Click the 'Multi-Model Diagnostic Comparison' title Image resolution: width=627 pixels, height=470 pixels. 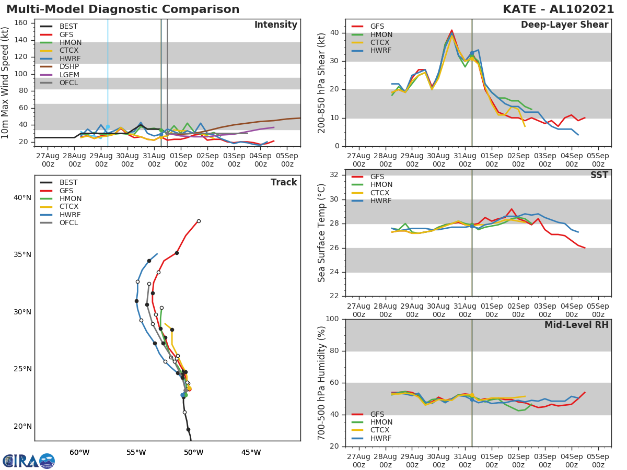[x=123, y=9]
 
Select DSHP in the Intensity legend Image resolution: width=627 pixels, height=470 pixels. [x=69, y=66]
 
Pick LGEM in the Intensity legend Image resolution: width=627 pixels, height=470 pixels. [x=69, y=75]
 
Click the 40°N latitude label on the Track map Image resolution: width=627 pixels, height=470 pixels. [x=22, y=197]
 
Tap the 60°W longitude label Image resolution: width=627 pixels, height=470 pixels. [x=79, y=452]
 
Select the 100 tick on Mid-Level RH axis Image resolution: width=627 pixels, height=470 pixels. [x=332, y=319]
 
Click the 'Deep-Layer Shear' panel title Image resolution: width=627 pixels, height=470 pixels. [x=564, y=25]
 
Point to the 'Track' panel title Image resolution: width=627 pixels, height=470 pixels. [x=284, y=182]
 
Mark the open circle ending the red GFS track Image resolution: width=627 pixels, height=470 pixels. [x=199, y=221]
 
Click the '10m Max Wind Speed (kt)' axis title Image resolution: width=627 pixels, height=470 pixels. [x=6, y=83]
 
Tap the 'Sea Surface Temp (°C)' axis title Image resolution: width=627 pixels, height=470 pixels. [x=322, y=233]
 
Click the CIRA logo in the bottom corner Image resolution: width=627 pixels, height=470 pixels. [x=28, y=461]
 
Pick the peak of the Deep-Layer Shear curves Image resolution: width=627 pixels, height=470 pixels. [x=452, y=30]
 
